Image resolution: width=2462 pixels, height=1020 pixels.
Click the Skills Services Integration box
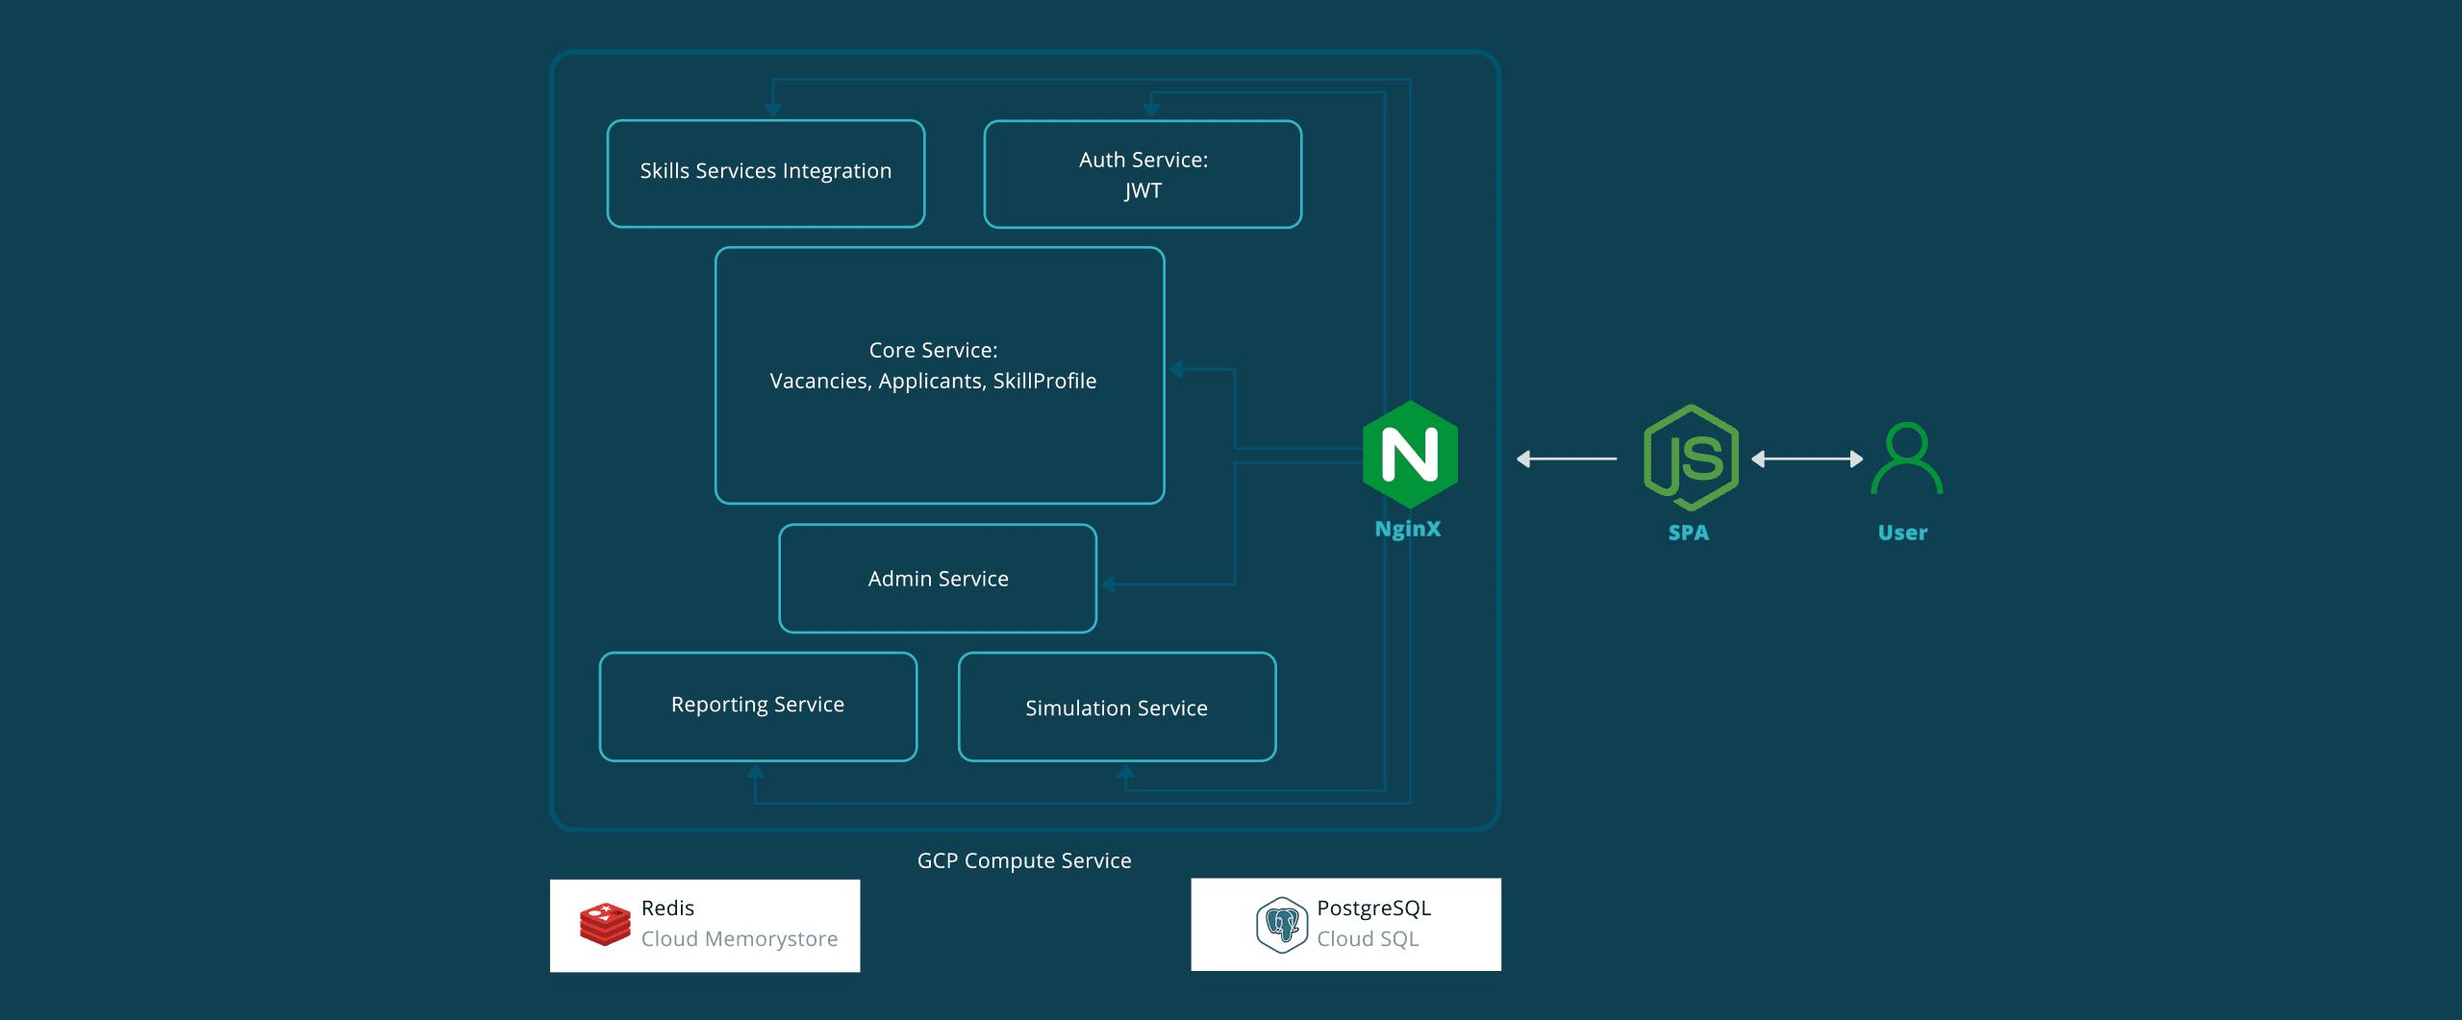766,173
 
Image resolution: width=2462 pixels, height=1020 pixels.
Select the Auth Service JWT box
1143,174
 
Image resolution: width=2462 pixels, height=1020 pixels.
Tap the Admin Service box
938,578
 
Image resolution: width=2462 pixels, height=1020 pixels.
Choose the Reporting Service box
758,706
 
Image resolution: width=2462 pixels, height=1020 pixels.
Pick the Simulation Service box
1117,708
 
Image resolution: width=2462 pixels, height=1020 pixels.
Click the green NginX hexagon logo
1410,455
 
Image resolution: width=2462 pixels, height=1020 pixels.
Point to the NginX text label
1407,529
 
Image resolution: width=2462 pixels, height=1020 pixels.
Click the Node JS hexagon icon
1691,458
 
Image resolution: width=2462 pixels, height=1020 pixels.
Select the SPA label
1688,533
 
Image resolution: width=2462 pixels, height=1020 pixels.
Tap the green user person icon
1906,459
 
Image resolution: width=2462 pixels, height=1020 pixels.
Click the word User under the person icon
1902,533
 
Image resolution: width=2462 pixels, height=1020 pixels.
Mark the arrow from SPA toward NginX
1567,460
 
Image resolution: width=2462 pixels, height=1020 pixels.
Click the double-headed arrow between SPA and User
1807,460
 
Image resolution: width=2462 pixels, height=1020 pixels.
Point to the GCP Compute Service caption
1024,860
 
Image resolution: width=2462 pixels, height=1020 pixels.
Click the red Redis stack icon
605,924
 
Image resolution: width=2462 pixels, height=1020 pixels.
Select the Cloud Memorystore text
739,938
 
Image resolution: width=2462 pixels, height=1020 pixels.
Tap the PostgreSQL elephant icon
1282,925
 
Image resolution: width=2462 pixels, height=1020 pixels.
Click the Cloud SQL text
1368,938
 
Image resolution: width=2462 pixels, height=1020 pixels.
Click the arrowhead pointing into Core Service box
1176,369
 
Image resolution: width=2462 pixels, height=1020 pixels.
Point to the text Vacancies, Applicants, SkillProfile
933,381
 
